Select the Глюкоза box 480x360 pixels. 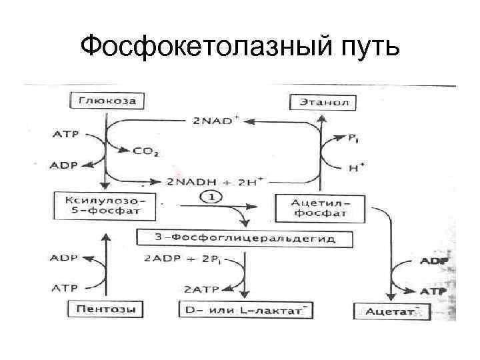coord(107,102)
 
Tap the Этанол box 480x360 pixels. coord(323,103)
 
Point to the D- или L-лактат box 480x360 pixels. coord(245,310)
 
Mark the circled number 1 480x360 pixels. coord(212,198)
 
